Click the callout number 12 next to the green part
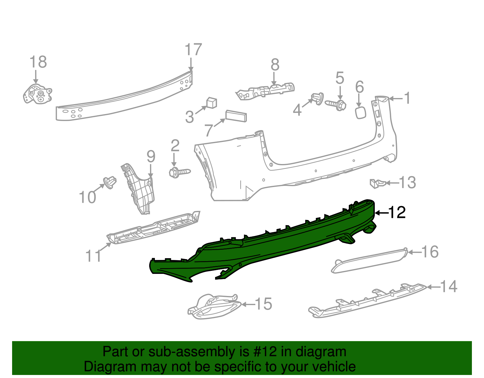(397, 212)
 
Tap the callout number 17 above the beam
(193, 50)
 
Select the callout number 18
(38, 62)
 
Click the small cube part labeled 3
(211, 103)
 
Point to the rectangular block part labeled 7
(236, 116)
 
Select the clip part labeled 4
(316, 98)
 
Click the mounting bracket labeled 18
(37, 94)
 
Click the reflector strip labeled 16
(369, 261)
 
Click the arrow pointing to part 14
(433, 287)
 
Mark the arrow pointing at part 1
(396, 98)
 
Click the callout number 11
(93, 256)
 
